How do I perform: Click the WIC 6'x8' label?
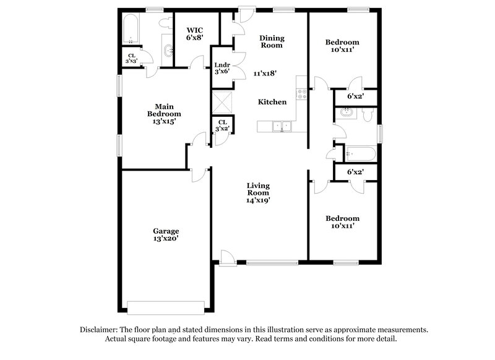click(195, 33)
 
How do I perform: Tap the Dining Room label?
click(270, 41)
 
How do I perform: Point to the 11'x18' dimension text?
click(265, 72)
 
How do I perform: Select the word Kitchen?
click(272, 101)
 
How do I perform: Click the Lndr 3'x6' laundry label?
click(222, 68)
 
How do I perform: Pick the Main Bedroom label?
click(164, 114)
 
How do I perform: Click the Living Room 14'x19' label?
click(259, 192)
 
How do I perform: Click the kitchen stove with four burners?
click(302, 94)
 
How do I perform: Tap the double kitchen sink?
click(282, 126)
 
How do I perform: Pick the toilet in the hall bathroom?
click(368, 115)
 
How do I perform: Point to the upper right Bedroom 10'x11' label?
click(342, 46)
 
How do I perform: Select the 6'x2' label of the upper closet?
click(355, 96)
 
